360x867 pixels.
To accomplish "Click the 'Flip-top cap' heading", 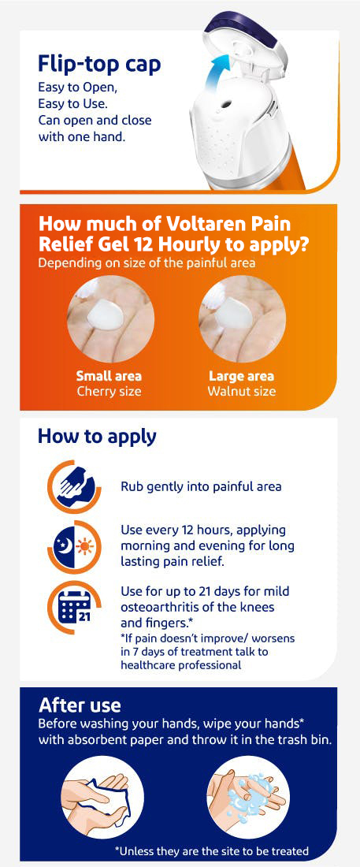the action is [x=99, y=65].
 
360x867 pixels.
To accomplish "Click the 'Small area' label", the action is [x=109, y=376].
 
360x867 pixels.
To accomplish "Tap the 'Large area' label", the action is [x=241, y=376].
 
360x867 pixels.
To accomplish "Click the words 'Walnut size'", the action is [x=241, y=392].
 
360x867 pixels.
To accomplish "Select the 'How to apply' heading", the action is [x=97, y=437].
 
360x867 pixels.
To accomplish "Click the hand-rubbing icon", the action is [x=74, y=487].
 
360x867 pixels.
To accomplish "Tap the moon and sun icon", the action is [x=74, y=548].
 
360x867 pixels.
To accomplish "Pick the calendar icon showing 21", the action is [x=74, y=608].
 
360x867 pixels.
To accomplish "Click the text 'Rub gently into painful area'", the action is [x=202, y=487].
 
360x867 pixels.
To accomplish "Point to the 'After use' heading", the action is [x=80, y=705].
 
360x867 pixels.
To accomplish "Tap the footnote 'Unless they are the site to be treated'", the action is [x=211, y=850].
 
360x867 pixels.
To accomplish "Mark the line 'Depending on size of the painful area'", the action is [x=147, y=262].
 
